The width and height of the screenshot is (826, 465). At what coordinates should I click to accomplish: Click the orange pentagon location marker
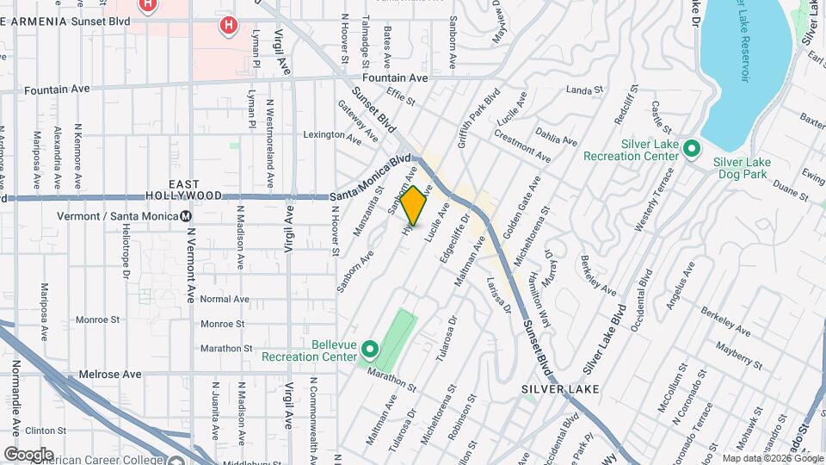[x=414, y=206]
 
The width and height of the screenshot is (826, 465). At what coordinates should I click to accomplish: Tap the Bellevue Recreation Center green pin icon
[x=370, y=349]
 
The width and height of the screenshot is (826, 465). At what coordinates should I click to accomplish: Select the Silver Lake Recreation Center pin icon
[x=691, y=151]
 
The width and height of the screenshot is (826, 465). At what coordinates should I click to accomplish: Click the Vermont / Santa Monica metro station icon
[x=186, y=216]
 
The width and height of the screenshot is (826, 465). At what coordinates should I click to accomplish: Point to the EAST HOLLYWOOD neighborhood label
[x=185, y=190]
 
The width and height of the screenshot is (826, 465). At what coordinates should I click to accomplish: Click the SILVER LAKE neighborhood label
[x=559, y=389]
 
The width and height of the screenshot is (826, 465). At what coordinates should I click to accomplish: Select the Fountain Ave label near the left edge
[x=57, y=90]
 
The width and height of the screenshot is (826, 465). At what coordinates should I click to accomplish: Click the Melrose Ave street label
[x=109, y=375]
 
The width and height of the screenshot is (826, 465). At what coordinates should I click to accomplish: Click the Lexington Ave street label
[x=324, y=134]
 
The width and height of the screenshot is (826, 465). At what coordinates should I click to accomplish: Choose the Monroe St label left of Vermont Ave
[x=96, y=319]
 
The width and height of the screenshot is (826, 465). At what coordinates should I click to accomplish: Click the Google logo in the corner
[x=28, y=454]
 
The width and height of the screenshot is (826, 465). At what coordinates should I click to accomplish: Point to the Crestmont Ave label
[x=522, y=145]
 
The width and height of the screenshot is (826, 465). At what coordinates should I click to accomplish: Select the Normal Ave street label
[x=224, y=300]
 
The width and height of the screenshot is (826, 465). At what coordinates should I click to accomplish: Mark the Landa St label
[x=584, y=90]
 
